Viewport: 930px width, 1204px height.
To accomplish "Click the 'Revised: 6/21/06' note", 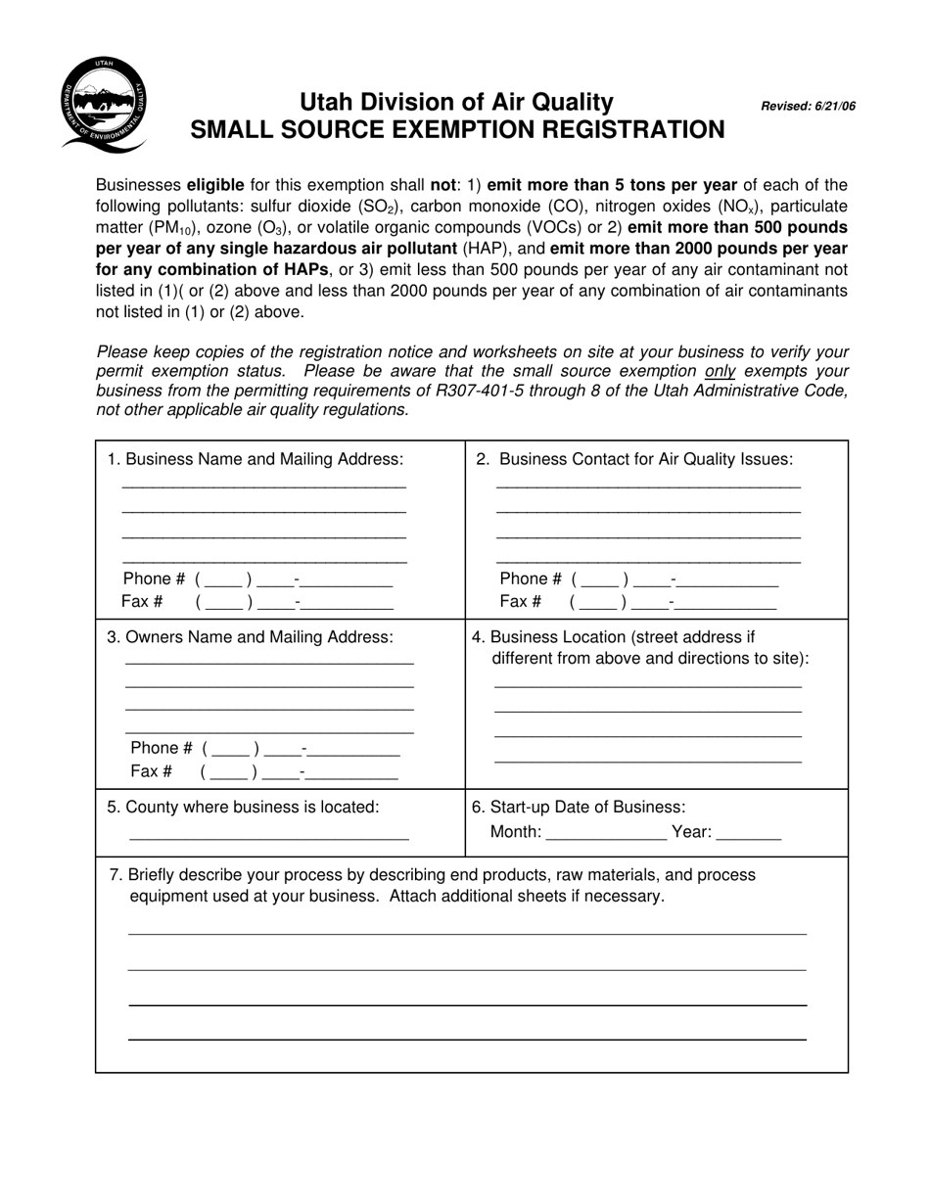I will coord(808,107).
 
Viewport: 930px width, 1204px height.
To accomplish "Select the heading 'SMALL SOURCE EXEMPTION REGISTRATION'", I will coord(457,130).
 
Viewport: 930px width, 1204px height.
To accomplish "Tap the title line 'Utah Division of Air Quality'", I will coord(456,102).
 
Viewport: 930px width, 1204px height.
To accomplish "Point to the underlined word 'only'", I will coord(720,372).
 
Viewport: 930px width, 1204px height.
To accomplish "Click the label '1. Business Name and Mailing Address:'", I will coord(255,459).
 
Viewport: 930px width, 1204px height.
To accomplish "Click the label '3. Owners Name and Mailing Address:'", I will coord(250,637).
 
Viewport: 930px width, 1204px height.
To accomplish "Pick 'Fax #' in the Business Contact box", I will coord(520,602).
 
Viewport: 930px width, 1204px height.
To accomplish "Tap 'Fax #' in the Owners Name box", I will coord(151,771).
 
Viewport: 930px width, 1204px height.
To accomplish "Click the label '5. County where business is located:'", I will coord(243,808).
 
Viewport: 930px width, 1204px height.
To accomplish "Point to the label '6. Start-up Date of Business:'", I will coord(579,808).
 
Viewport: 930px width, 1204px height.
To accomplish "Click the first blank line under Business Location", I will coord(647,685).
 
